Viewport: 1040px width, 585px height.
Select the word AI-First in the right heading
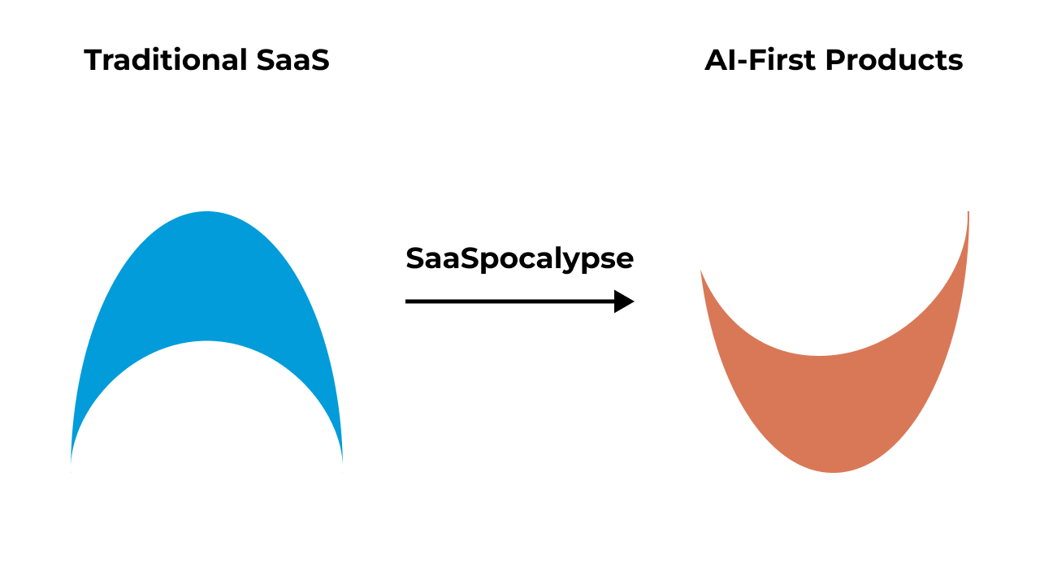click(760, 61)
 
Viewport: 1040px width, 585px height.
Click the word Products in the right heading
click(895, 61)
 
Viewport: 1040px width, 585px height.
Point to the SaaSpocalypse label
click(519, 259)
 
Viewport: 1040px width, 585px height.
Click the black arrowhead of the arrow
click(624, 301)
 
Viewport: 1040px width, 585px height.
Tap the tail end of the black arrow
click(408, 301)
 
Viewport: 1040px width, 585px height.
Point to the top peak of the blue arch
click(207, 214)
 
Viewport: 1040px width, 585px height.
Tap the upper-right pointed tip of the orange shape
click(968, 214)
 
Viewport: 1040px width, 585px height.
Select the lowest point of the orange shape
click(834, 470)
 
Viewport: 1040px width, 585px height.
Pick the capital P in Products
click(834, 61)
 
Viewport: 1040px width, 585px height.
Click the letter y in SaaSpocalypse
click(576, 262)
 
